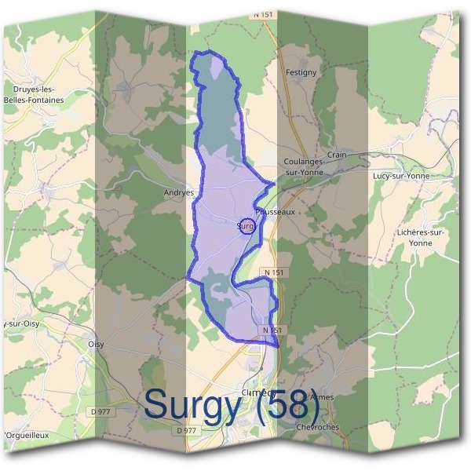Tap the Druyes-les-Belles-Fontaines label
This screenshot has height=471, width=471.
click(33, 95)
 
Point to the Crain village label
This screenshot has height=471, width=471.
click(337, 155)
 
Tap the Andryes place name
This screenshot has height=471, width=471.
click(178, 192)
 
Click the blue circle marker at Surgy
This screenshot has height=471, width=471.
click(246, 226)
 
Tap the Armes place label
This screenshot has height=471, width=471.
click(323, 397)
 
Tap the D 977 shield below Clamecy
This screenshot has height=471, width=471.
click(186, 430)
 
